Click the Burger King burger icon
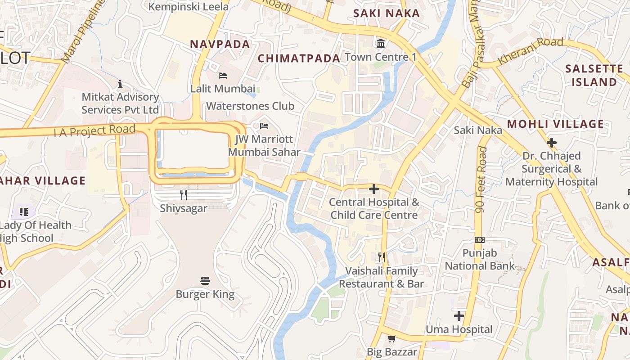pos(205,281)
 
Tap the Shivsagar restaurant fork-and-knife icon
pos(184,195)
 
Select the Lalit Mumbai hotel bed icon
pos(223,75)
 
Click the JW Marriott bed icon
pos(264,126)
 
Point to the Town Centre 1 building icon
pos(381,44)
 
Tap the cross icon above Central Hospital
pos(373,189)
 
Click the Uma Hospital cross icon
pos(459,316)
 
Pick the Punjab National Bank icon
pos(480,240)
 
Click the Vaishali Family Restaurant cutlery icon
pos(382,257)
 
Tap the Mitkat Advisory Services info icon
pos(120,84)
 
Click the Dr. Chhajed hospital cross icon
pos(551,143)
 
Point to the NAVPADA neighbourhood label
pos(220,44)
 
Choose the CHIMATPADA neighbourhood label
pos(299,58)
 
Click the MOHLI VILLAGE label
pos(555,124)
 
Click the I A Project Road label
pos(94,131)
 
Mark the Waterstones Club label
pos(250,106)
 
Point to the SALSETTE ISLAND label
pos(594,76)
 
